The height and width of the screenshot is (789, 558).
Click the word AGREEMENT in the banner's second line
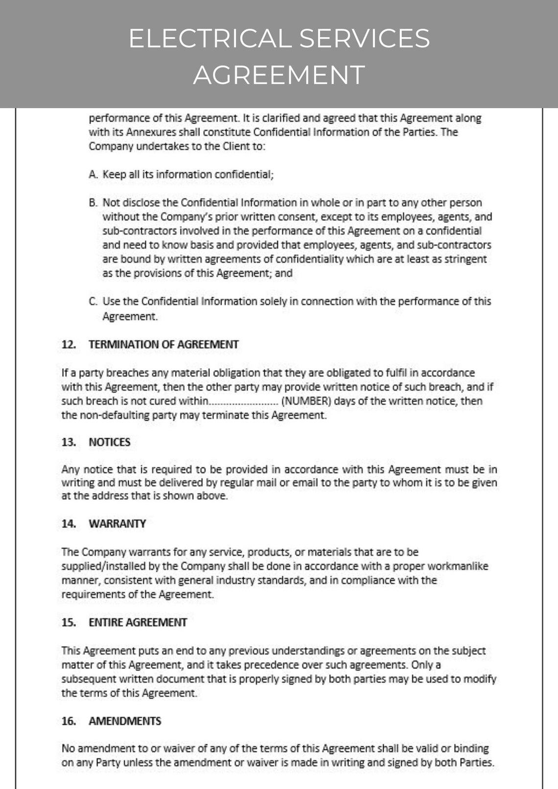279,75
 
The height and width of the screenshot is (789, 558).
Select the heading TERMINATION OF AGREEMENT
163,345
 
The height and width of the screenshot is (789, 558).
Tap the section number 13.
69,442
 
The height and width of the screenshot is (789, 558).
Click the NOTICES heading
110,442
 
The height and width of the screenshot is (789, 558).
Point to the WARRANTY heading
117,524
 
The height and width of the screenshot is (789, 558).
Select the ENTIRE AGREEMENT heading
138,623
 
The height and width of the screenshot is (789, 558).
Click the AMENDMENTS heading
125,721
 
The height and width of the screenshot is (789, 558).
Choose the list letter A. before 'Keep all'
93,175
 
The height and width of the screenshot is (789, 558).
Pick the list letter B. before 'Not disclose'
93,203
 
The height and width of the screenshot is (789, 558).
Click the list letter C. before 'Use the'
93,302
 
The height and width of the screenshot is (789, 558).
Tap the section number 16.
69,721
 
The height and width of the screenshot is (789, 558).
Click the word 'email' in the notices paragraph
305,483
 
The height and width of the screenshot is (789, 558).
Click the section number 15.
69,623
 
